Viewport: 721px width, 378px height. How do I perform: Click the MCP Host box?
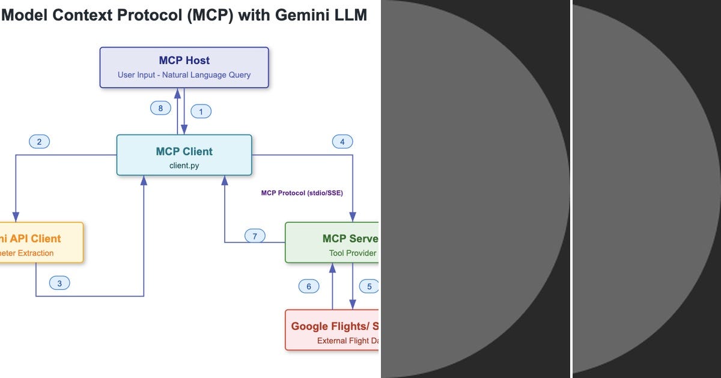pos(184,67)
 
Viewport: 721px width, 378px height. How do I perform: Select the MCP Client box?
pos(184,155)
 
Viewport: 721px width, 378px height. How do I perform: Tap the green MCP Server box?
pos(332,242)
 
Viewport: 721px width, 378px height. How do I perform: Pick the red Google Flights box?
pos(332,330)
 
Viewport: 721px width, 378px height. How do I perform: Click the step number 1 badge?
pos(201,111)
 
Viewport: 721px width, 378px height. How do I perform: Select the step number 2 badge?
pos(39,142)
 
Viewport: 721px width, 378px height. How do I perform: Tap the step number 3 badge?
pos(59,283)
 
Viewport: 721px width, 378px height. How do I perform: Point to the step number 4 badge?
pos(342,142)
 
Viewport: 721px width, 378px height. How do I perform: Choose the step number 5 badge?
pos(369,286)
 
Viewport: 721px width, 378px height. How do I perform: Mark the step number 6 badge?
pos(309,286)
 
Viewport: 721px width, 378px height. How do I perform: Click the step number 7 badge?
pos(255,236)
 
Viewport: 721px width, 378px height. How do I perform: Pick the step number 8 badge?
pos(160,108)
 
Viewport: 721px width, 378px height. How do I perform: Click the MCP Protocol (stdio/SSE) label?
pos(302,193)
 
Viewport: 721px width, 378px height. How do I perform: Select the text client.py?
pos(184,166)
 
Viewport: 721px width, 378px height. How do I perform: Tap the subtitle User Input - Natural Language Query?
pos(184,75)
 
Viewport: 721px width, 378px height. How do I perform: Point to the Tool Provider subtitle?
pos(353,253)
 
